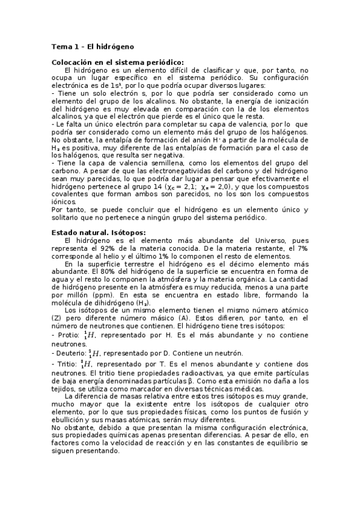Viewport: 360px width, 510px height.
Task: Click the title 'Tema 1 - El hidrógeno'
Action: pos(93,46)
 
